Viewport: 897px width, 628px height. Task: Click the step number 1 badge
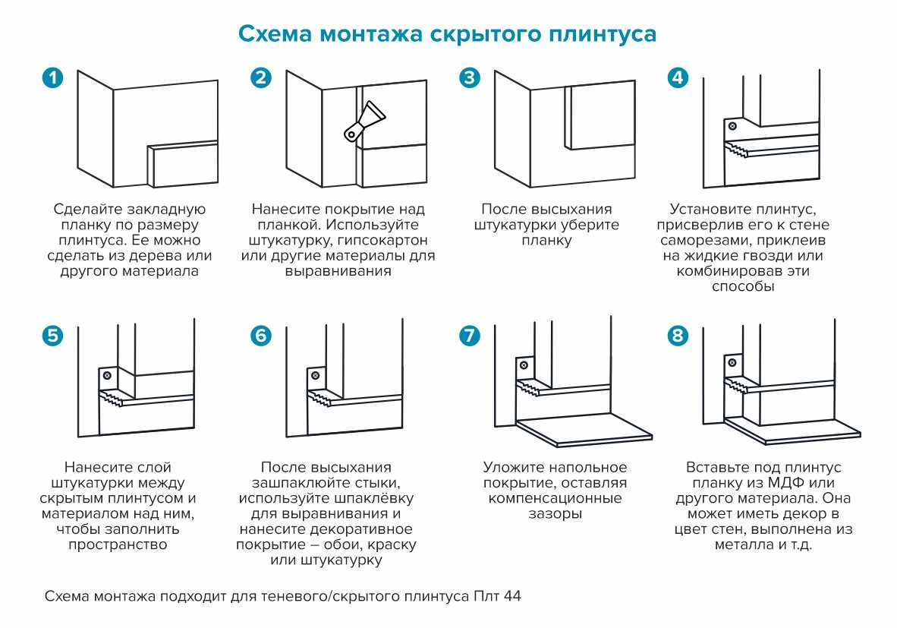tap(52, 78)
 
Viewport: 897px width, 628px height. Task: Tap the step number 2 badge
tap(261, 78)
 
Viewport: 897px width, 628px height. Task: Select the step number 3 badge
tap(471, 78)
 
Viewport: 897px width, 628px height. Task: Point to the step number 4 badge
tap(678, 78)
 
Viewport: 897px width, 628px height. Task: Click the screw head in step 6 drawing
tap(313, 376)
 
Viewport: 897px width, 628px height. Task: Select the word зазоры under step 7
tap(555, 514)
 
